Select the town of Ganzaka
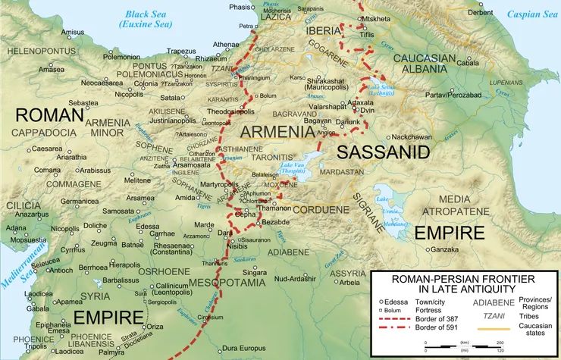(446, 249)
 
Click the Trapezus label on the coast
(181, 52)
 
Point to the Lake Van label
(294, 168)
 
